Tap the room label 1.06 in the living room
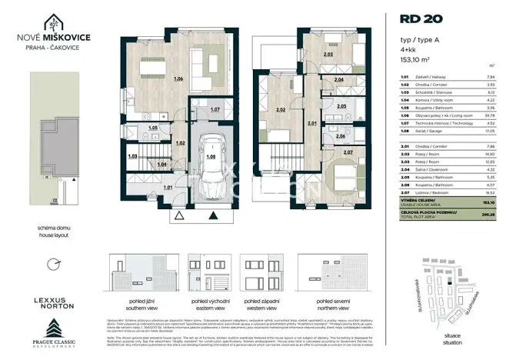click(178, 78)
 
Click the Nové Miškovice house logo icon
click(55, 23)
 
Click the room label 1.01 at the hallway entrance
click(168, 186)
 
